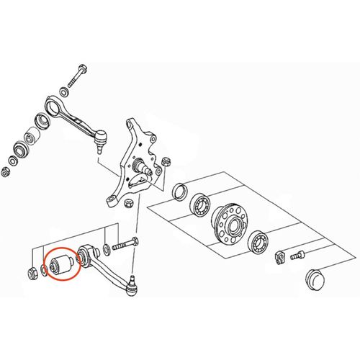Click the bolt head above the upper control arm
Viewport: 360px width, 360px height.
tap(80, 71)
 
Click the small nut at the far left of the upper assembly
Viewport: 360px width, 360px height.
tap(6, 171)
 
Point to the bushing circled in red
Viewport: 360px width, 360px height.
tap(59, 263)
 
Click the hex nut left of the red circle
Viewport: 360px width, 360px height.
tap(33, 273)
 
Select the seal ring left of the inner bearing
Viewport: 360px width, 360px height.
tap(179, 191)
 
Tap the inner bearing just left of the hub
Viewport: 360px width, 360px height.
tap(198, 206)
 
